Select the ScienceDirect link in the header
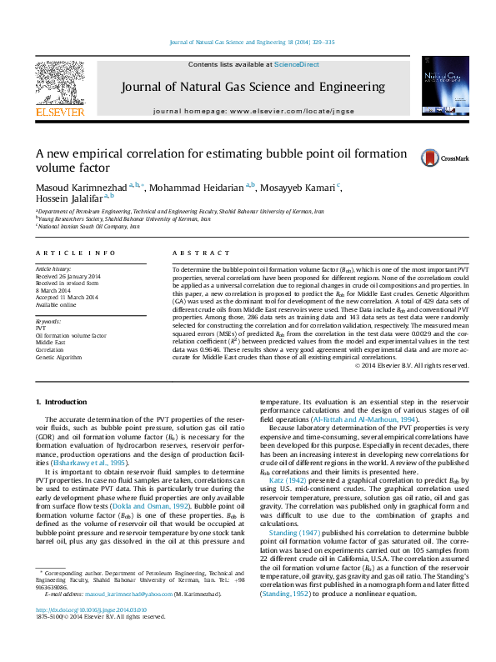point(298,64)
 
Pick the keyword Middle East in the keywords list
point(50,343)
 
